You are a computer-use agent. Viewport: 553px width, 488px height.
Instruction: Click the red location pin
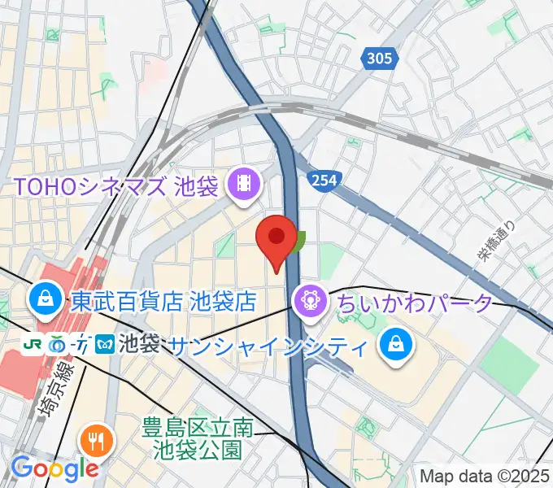276,238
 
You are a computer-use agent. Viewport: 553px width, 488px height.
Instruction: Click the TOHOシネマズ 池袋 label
115,186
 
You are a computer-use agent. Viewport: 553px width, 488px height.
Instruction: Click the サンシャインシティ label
267,346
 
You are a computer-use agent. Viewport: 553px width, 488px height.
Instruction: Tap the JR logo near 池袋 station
33,345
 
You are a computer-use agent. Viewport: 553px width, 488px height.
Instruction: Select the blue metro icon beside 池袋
106,345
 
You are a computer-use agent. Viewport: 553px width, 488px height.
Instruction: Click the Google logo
54,468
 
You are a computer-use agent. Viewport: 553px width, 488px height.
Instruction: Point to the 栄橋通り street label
497,242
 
